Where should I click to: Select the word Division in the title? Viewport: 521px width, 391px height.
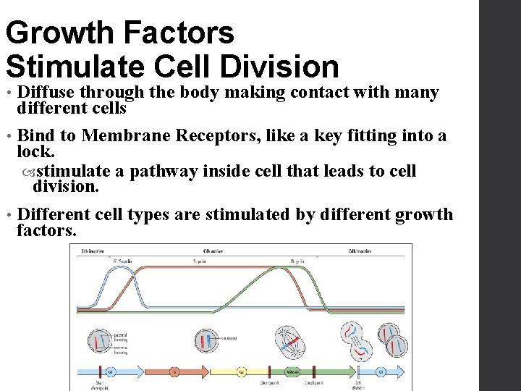coord(286,66)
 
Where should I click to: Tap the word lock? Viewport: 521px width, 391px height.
coord(35,151)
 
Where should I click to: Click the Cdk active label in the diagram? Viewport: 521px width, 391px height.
coord(213,251)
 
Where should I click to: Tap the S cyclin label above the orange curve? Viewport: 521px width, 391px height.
coord(200,261)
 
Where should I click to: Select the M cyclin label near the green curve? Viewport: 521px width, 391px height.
coord(297,261)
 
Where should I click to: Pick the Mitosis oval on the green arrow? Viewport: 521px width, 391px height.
coord(292,371)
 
